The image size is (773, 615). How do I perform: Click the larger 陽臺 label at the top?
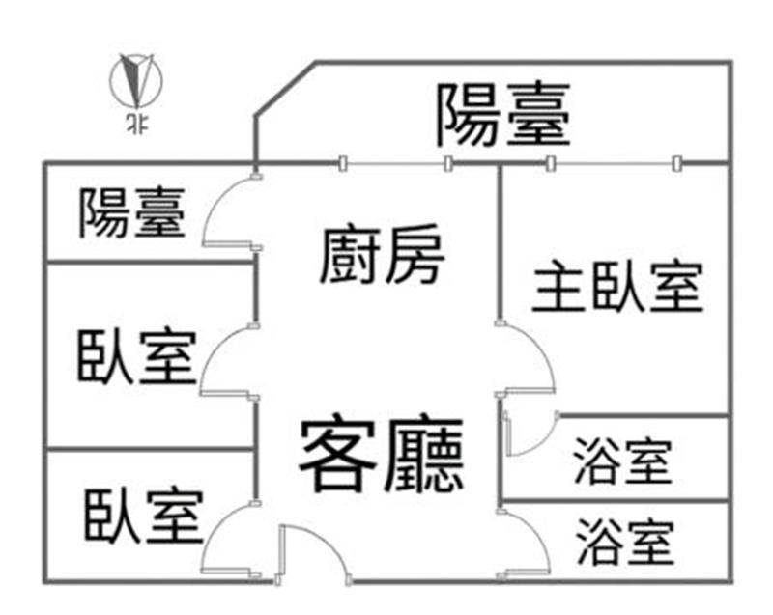[x=503, y=114]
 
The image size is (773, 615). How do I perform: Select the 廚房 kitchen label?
[x=383, y=254]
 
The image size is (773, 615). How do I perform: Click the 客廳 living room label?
[x=381, y=456]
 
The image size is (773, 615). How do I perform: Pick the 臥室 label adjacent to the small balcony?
[x=136, y=355]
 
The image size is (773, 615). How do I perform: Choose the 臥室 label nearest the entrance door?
[x=143, y=516]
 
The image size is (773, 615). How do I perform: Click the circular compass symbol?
[x=136, y=80]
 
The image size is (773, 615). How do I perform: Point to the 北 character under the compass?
[x=136, y=124]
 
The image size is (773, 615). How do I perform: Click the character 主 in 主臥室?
[x=555, y=286]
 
